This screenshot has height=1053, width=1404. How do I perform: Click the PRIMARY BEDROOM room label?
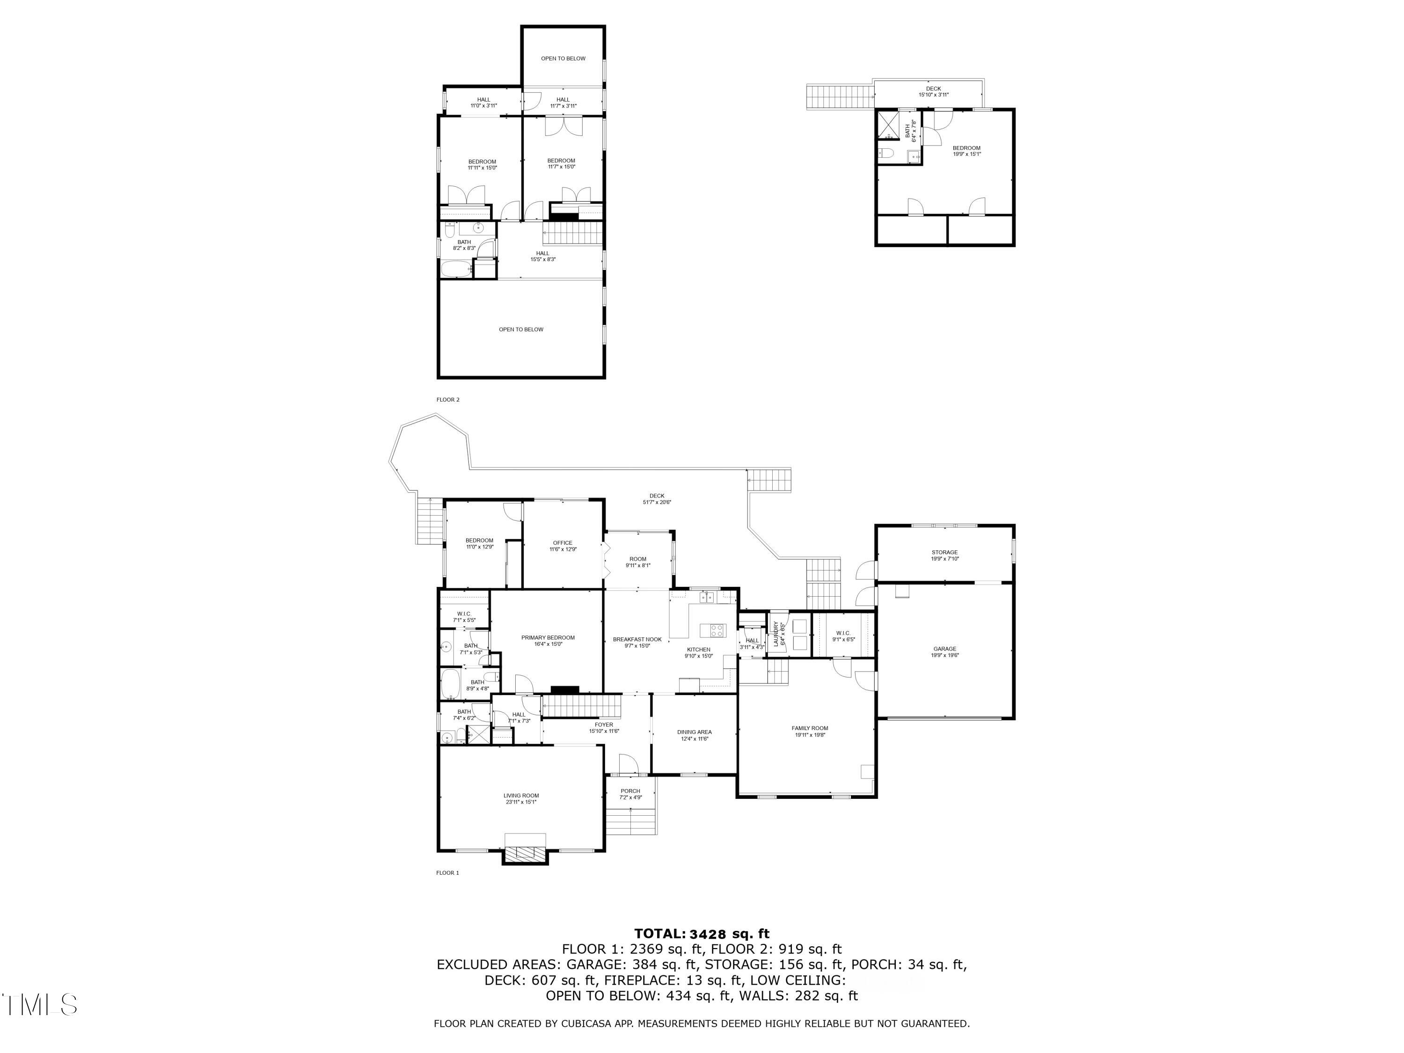548,637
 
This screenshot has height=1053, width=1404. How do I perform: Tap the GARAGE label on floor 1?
944,649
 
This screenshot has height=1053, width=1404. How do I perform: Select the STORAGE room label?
944,552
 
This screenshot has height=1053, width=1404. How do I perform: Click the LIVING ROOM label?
521,795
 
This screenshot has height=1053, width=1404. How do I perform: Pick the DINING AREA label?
695,732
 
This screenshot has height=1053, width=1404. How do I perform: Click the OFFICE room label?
563,543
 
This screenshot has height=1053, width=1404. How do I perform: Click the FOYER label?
604,724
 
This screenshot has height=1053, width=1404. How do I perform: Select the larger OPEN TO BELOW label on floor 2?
520,329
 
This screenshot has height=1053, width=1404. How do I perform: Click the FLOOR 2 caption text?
447,400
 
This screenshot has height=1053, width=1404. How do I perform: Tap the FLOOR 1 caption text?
447,873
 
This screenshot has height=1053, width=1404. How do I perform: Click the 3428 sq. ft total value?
729,934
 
